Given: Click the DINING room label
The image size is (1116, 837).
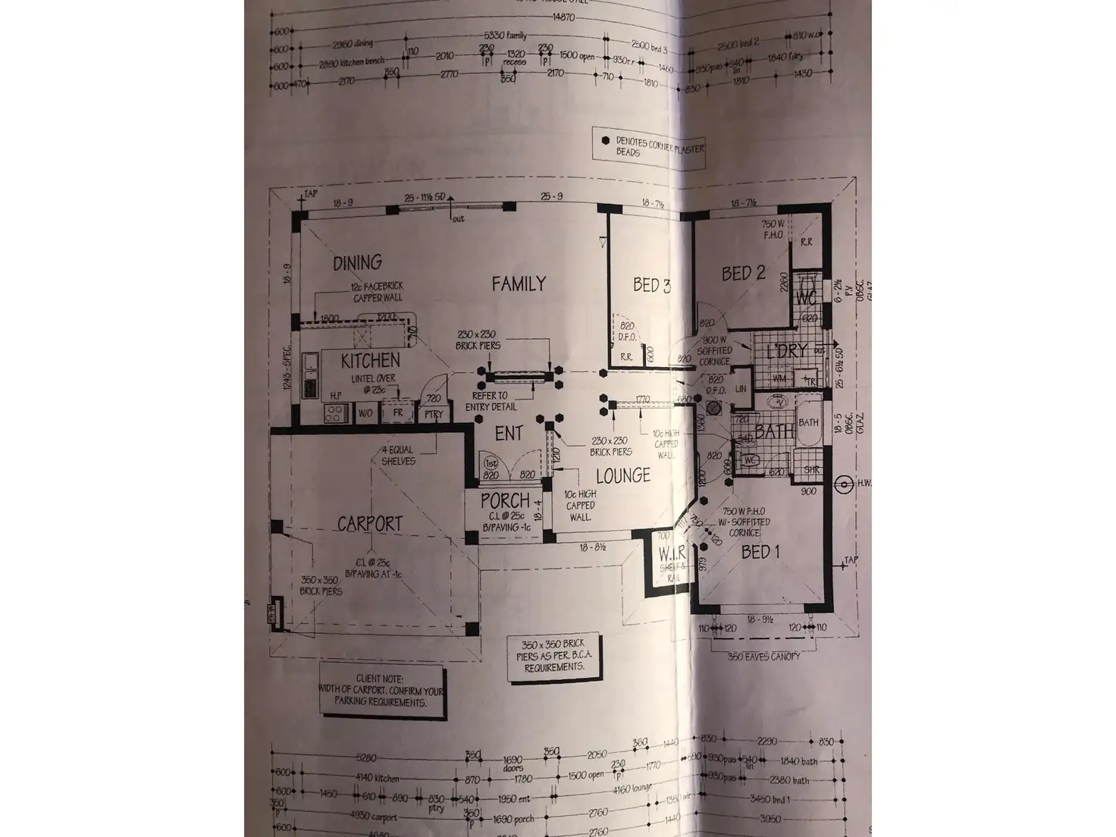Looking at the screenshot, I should pos(357,262).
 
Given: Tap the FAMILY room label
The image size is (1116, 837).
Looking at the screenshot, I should pos(519,284).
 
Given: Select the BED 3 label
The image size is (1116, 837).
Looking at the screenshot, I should pos(651,286).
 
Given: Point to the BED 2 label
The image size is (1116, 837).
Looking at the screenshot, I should pos(742,274).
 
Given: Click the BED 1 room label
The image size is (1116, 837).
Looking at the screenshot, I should pos(760,552).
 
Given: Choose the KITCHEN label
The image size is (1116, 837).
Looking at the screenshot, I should pos(370,361).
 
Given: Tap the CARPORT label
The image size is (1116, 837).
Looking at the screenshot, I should pos(369,524).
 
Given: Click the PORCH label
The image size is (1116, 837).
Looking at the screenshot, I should pos(505,501).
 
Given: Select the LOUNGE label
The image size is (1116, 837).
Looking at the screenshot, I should pos(622,476).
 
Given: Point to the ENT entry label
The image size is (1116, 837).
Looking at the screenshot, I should pos(509,434).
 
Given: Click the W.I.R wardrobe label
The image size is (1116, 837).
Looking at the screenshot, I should pos(672,553).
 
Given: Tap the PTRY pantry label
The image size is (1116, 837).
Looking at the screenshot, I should pos(434,415).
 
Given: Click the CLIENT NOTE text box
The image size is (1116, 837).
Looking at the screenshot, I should pos(381,691).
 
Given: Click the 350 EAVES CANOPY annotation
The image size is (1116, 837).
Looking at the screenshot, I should pos(763,657).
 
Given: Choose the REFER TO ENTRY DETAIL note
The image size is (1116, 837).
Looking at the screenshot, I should pos(494,401).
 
